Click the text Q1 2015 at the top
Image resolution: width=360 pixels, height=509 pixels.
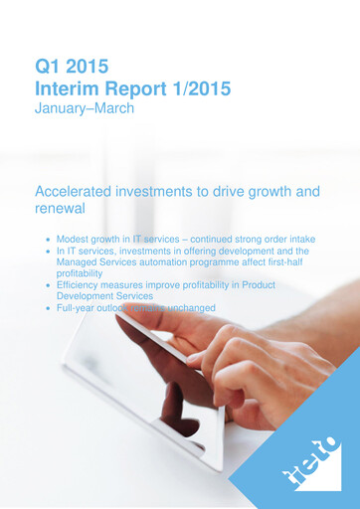click(x=71, y=68)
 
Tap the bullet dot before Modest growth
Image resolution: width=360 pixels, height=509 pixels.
click(x=48, y=242)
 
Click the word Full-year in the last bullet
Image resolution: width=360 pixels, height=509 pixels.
click(x=79, y=308)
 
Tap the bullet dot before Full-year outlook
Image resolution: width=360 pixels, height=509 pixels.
click(x=48, y=309)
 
